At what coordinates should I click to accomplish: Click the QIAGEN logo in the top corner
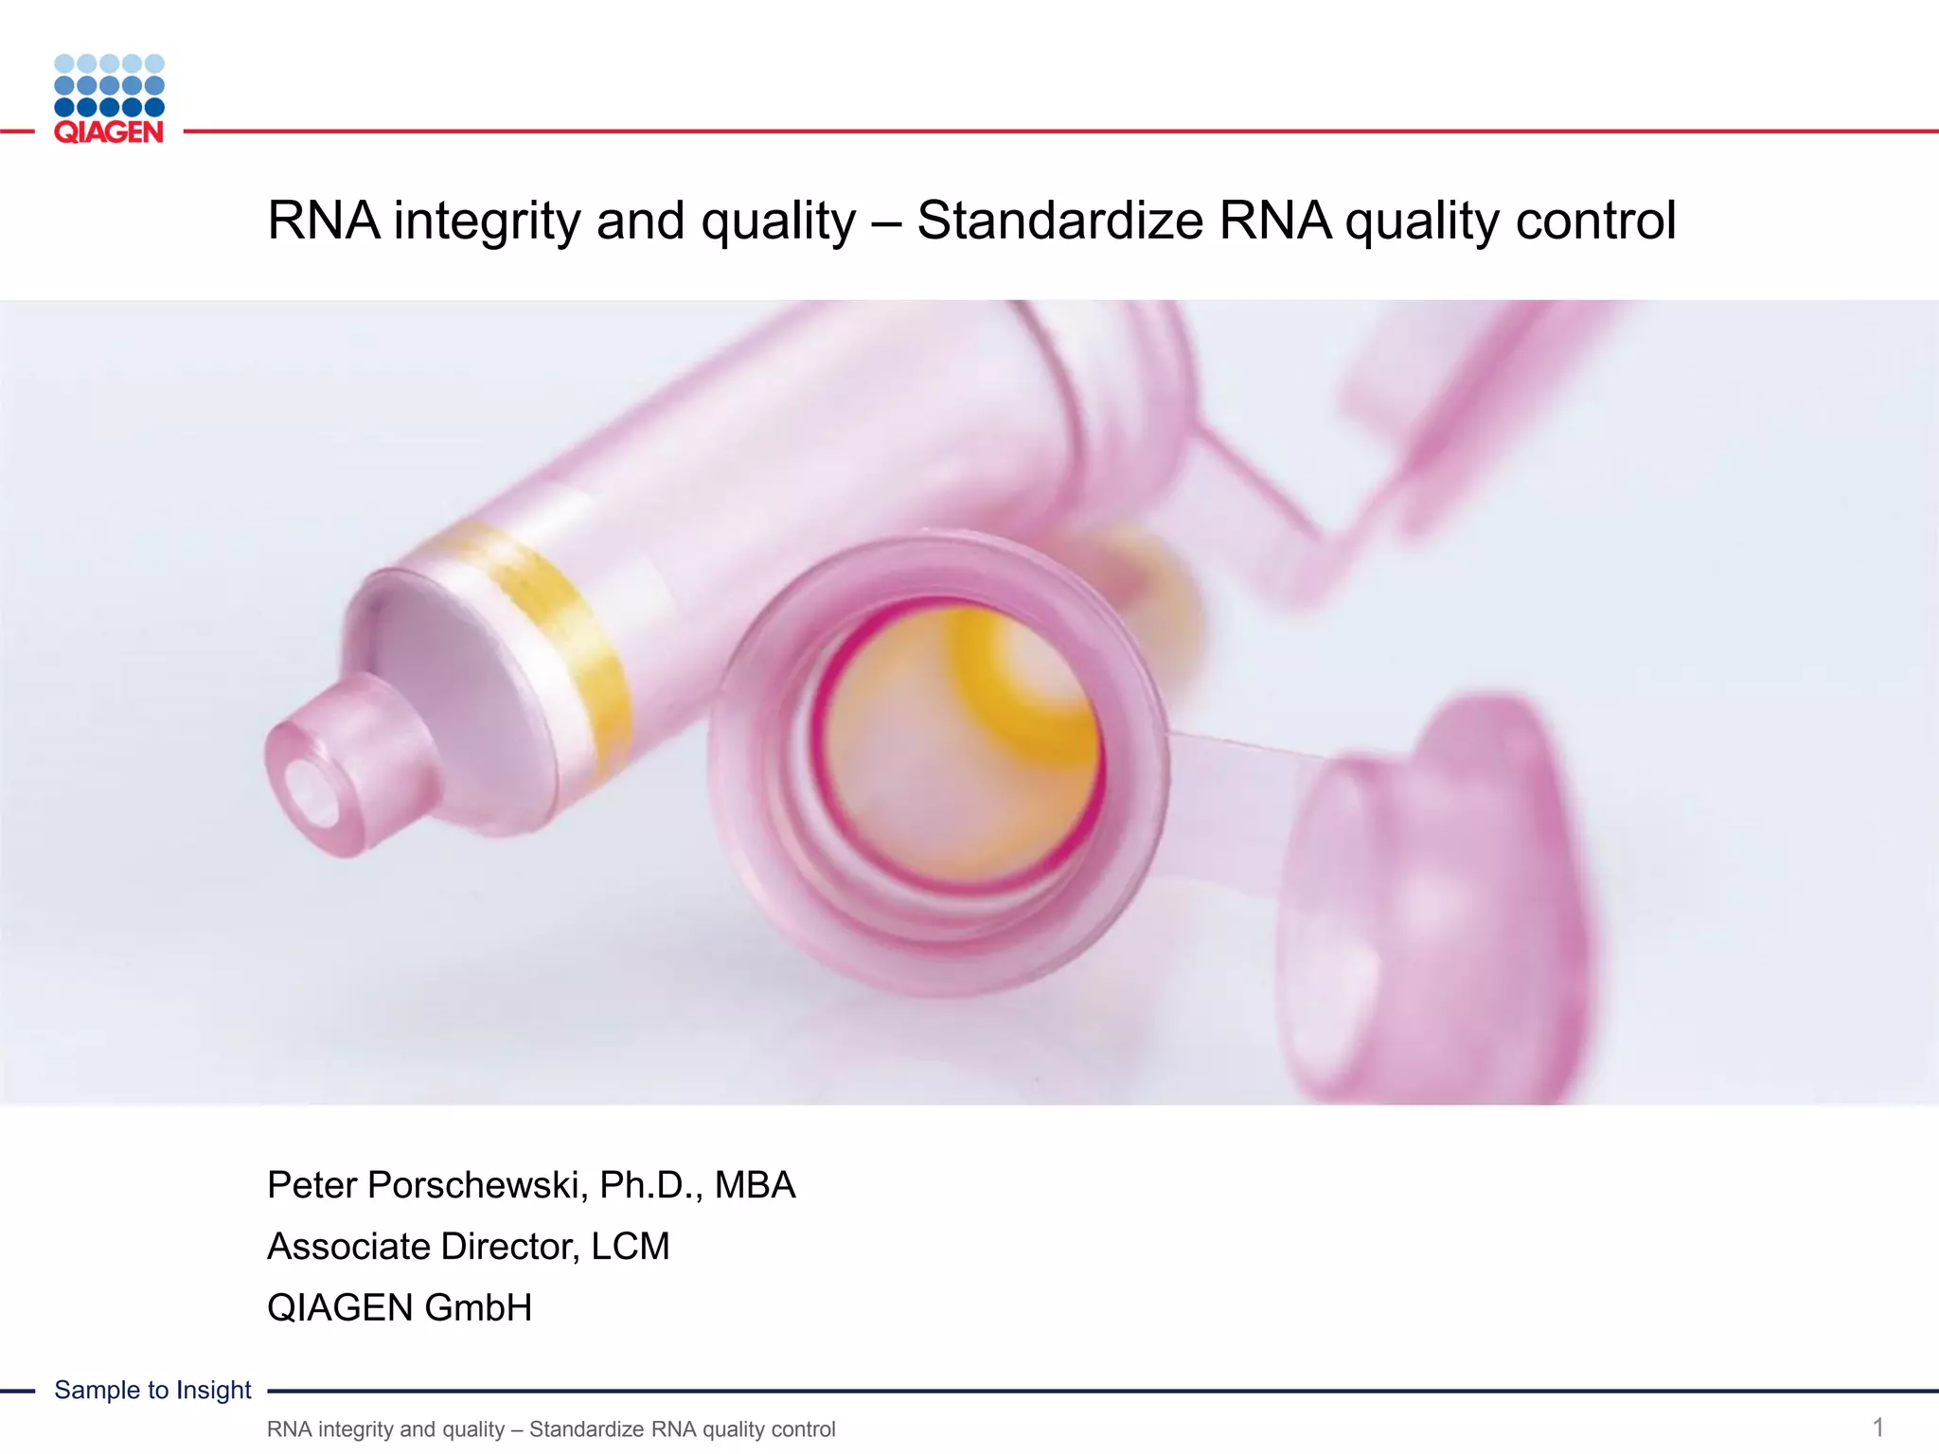(x=109, y=99)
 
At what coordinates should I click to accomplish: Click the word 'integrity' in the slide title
(x=487, y=222)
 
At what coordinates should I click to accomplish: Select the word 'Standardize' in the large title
(x=1059, y=222)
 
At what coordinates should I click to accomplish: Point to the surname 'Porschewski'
(x=473, y=1186)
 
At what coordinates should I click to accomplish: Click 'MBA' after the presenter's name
(x=755, y=1186)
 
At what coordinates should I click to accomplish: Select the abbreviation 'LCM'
(x=631, y=1247)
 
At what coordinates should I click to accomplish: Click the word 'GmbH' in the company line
(x=478, y=1308)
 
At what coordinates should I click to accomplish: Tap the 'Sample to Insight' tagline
(x=152, y=1390)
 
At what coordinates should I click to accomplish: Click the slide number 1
(x=1878, y=1427)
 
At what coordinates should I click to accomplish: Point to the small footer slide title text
(x=551, y=1429)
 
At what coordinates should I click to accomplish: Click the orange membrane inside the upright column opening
(x=956, y=748)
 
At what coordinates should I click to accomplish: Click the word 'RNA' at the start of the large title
(x=323, y=222)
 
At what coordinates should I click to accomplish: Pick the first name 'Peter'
(x=311, y=1186)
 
